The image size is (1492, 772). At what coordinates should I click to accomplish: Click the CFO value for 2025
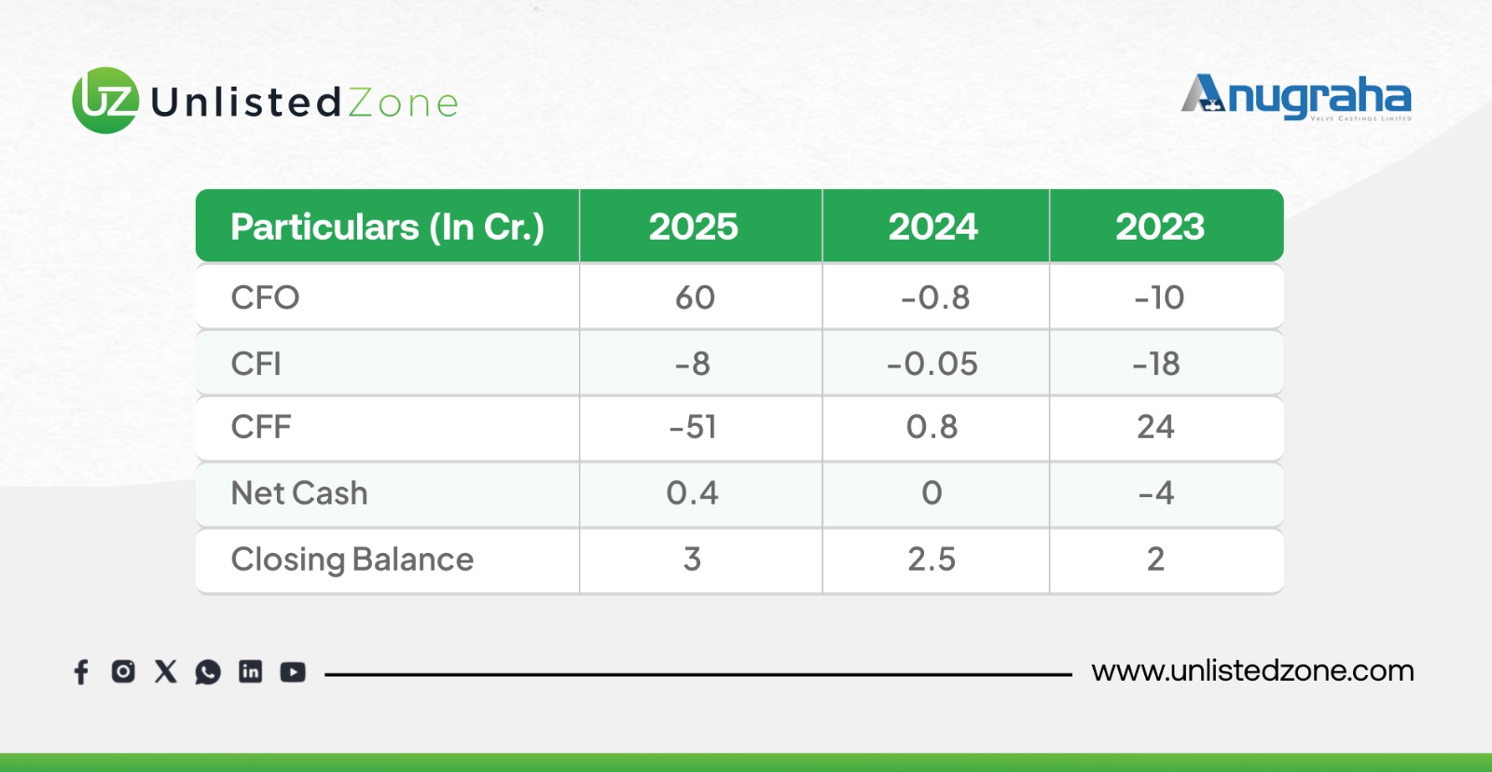coord(695,297)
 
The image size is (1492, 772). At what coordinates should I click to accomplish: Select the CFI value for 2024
coord(932,364)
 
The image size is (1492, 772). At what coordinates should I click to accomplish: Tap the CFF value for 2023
coord(1155,426)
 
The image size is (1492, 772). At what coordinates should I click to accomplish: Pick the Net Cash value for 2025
coord(693,493)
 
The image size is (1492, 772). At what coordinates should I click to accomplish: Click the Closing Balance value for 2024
coord(932,558)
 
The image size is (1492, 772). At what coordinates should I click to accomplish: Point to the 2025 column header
coord(694,227)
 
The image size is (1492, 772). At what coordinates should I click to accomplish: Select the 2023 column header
coord(1160,227)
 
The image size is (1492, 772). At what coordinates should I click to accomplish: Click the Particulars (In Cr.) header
coord(388,227)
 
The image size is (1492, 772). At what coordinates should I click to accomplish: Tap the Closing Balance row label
coord(352,559)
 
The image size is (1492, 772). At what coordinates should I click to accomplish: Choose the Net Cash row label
coord(299,493)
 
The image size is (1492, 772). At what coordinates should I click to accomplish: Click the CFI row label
coord(256,364)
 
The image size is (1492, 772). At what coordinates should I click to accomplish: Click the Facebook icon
coord(81,672)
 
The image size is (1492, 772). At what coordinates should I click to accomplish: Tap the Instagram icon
coord(123,670)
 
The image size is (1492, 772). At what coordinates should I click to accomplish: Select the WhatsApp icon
coord(208,672)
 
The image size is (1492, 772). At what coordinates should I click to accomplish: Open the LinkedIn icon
coord(251,671)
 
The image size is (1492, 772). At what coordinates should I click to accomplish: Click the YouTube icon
coord(293,672)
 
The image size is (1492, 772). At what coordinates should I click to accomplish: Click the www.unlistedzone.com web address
coord(1252,670)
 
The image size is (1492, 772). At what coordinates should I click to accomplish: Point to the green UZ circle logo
coord(105,101)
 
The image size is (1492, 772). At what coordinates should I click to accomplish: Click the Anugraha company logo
coord(1296,98)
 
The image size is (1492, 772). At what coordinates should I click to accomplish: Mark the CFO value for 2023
coord(1160,297)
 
